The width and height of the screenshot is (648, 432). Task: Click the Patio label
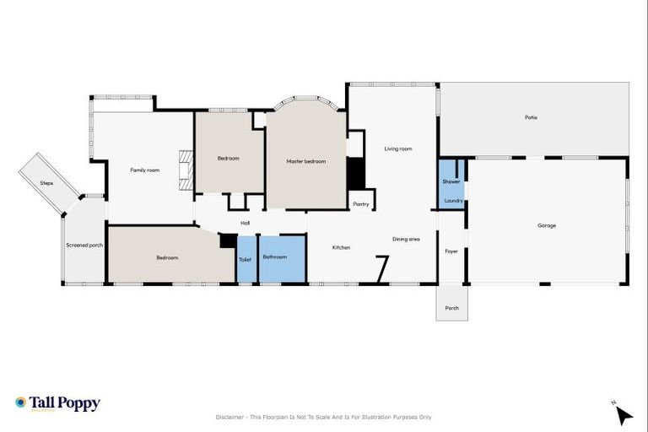pos(531,117)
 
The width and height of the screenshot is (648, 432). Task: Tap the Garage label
pos(547,225)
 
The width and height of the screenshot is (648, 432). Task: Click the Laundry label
pos(453,201)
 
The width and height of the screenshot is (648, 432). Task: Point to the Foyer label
pos(451,251)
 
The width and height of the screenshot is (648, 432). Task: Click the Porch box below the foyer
pos(451,308)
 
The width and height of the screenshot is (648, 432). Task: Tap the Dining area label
pos(406,240)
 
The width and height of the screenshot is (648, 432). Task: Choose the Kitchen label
pos(341,247)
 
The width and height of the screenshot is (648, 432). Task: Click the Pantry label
pos(361,203)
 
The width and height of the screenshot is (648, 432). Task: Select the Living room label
pos(397,148)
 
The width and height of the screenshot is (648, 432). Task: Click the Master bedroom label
pos(305,161)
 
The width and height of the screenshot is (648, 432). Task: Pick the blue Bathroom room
pos(275,258)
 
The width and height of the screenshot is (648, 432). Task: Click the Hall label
pos(245,223)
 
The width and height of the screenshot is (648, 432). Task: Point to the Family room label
pos(144,170)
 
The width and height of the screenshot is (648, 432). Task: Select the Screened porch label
pos(84,246)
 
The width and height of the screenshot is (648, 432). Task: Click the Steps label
pos(47,183)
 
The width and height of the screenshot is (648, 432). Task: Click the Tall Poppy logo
pos(57,403)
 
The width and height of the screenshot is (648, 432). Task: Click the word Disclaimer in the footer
pos(230,417)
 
